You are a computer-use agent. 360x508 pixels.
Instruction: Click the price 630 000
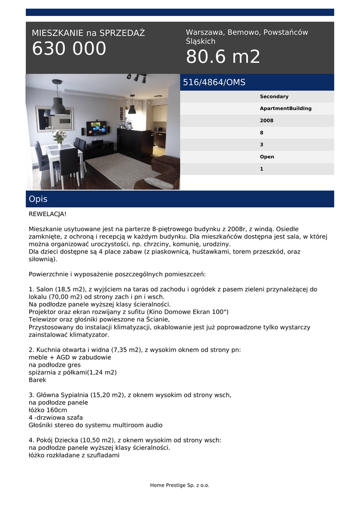[x=69, y=49]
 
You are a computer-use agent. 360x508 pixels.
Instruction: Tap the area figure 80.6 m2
[x=223, y=58]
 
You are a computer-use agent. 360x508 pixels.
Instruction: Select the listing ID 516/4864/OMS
[x=214, y=82]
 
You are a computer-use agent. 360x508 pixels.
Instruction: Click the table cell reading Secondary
[x=274, y=97]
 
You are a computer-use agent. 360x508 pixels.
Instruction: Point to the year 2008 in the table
[x=266, y=121]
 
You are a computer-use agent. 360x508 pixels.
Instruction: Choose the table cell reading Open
[x=267, y=157]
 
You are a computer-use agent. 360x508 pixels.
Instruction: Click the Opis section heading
[x=38, y=199]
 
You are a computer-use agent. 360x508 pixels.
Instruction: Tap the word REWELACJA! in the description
[x=47, y=214]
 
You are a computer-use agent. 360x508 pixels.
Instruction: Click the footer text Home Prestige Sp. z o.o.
[x=180, y=485]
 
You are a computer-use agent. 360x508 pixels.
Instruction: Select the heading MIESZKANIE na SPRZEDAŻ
[x=88, y=33]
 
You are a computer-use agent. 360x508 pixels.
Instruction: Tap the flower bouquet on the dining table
[x=60, y=136]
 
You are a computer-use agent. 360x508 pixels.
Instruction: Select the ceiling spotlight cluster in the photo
[x=137, y=77]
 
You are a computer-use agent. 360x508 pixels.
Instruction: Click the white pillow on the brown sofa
[x=159, y=183]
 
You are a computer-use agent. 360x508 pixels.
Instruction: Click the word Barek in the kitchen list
[x=37, y=380]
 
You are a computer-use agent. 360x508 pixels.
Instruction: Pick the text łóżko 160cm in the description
[x=48, y=410]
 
